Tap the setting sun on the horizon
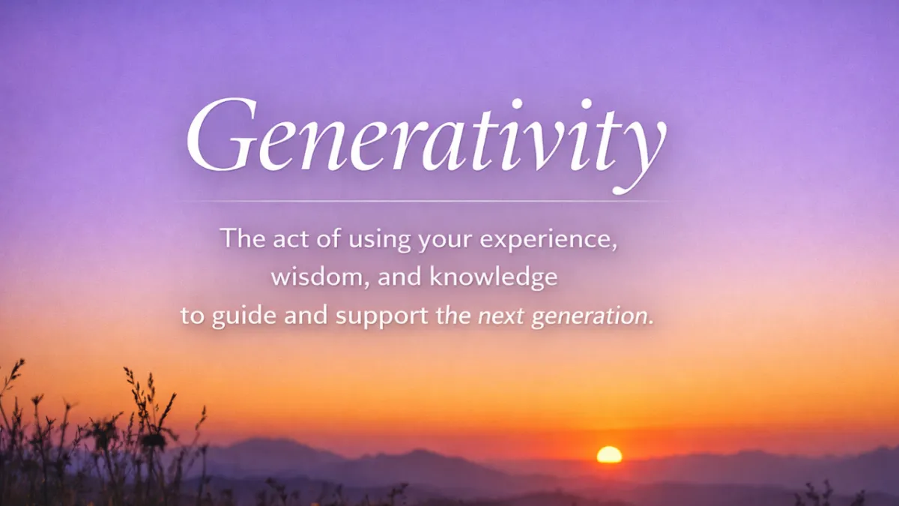609,454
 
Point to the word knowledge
494,277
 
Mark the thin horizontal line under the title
426,202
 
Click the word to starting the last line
193,316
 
